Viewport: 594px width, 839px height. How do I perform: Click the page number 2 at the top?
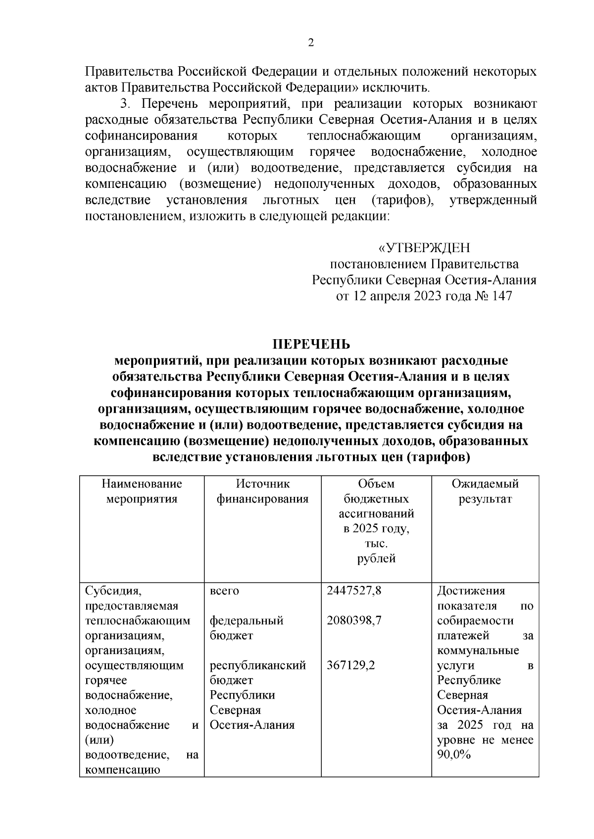(x=311, y=43)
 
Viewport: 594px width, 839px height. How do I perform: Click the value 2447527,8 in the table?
(x=354, y=591)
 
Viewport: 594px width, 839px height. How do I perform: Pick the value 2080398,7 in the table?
(x=354, y=620)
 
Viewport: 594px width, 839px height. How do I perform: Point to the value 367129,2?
(x=351, y=665)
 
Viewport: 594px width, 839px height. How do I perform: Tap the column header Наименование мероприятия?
(x=142, y=491)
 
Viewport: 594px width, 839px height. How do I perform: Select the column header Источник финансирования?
(x=262, y=491)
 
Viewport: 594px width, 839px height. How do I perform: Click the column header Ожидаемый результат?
(x=485, y=491)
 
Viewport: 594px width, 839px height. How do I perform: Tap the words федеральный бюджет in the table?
(x=246, y=628)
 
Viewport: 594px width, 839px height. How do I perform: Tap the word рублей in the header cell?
(x=376, y=559)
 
